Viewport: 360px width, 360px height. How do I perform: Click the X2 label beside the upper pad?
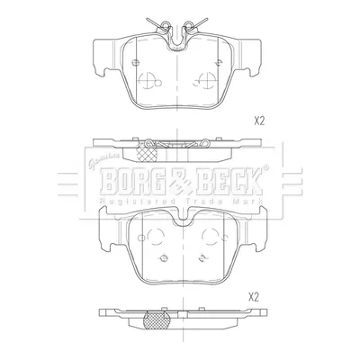point(259,121)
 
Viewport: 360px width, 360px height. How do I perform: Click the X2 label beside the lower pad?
point(254,298)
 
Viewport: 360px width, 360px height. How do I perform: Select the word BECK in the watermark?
point(230,183)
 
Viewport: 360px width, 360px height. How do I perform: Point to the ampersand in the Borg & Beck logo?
point(182,184)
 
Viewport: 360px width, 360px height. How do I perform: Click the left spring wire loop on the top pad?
point(165,25)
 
